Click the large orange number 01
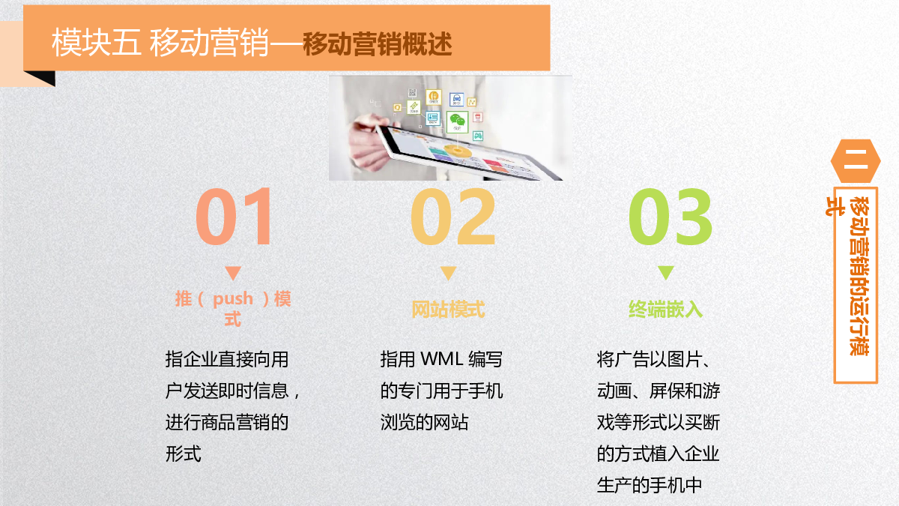[x=233, y=217]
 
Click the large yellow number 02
[x=452, y=217]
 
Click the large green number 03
[x=671, y=217]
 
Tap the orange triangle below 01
[x=233, y=273]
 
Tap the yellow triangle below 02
[x=448, y=273]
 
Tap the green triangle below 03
[x=666, y=273]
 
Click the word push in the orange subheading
[x=233, y=300]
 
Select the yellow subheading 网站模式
[x=448, y=310]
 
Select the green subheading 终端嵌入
[x=665, y=310]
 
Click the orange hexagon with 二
[x=856, y=161]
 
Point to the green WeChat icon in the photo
[x=457, y=121]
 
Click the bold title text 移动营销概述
[x=378, y=44]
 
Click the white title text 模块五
[x=97, y=42]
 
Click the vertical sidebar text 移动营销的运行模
[x=859, y=277]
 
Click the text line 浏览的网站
[x=424, y=423]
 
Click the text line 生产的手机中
[x=650, y=485]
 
